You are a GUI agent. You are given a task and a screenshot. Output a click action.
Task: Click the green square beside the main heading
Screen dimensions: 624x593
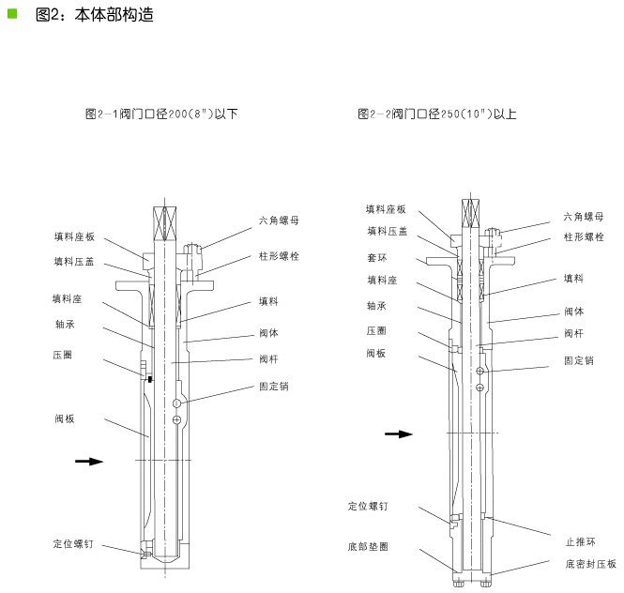click(12, 14)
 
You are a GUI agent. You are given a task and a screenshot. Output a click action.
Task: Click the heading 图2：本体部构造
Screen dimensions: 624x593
click(95, 15)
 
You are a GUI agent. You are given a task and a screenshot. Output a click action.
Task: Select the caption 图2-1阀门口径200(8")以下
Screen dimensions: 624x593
click(161, 114)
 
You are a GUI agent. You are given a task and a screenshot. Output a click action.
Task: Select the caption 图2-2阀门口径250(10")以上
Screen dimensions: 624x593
click(437, 114)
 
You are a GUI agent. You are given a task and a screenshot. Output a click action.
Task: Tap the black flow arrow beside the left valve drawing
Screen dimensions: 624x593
click(89, 462)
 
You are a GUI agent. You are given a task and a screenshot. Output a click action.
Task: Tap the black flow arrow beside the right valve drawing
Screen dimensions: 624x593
click(399, 433)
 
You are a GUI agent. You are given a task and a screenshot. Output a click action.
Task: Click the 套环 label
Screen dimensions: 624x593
click(376, 257)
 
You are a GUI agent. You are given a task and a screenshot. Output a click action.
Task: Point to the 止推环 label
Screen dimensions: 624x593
click(581, 541)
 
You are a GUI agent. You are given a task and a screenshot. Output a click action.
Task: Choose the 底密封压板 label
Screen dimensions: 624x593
click(590, 564)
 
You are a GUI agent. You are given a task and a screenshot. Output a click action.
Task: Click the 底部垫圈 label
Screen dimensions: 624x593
click(368, 546)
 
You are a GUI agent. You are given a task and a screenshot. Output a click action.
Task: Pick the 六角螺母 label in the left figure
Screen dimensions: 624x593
click(279, 220)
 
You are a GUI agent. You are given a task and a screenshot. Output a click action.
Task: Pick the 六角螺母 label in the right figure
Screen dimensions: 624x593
click(584, 217)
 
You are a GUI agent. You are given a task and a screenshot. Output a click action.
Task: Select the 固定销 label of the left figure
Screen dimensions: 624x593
click(274, 386)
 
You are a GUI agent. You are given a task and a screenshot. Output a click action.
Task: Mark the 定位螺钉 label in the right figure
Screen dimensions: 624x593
click(368, 506)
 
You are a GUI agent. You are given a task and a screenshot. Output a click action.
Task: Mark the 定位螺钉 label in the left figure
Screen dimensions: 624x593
click(73, 543)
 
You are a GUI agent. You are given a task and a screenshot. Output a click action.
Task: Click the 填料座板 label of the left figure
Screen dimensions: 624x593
click(74, 236)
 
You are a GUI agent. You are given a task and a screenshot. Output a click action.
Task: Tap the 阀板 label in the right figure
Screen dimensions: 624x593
click(376, 353)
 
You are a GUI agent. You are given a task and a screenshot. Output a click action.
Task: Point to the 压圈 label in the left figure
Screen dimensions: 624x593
click(63, 355)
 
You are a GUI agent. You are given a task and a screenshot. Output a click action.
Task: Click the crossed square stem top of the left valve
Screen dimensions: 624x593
click(165, 223)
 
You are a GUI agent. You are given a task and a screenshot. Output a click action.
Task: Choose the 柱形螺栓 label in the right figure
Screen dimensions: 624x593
click(584, 237)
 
